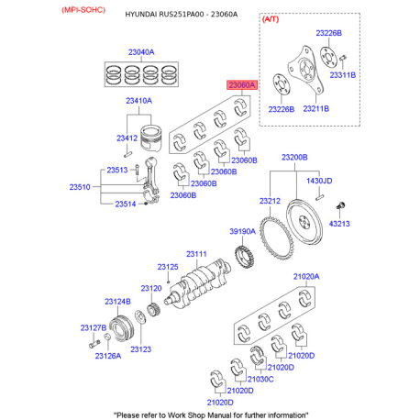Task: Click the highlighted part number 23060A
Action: tap(241, 85)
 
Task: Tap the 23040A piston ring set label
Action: tap(141, 52)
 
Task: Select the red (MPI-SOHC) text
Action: tap(83, 10)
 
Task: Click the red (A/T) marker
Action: tap(271, 19)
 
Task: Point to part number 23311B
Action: tap(343, 75)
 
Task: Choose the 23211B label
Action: tap(316, 109)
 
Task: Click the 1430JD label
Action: tap(319, 181)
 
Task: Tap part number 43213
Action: tap(339, 224)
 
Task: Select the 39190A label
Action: tap(242, 231)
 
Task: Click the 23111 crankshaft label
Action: tap(196, 254)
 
